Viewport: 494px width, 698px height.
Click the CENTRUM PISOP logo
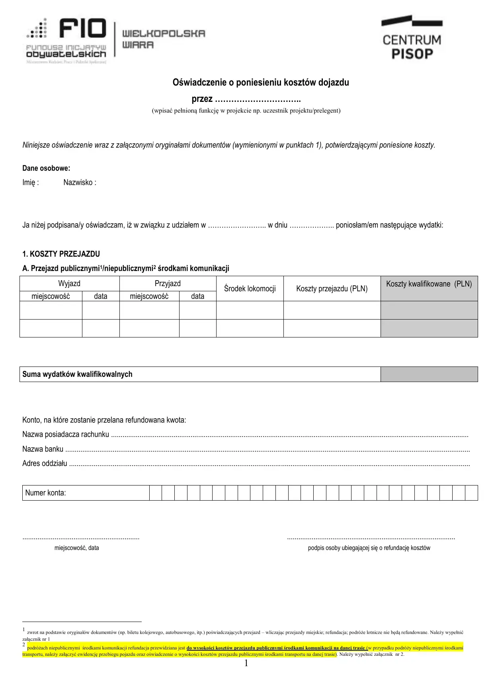pyautogui.click(x=412, y=38)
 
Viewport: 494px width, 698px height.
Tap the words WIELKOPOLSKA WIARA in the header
pyautogui.click(x=163, y=39)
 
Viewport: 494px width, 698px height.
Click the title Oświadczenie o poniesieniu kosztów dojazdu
pyautogui.click(x=261, y=82)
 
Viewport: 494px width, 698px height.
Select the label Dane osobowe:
pyautogui.click(x=46, y=168)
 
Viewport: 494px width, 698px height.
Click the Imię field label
pyautogui.click(x=31, y=183)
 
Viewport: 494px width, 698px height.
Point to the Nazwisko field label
pyautogui.click(x=80, y=183)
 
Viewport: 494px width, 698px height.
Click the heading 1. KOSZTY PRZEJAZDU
pyautogui.click(x=61, y=254)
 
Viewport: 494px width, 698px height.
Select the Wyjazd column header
pyautogui.click(x=69, y=283)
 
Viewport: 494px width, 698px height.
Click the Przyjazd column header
pyautogui.click(x=168, y=283)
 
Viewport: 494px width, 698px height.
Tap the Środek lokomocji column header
pyautogui.click(x=250, y=289)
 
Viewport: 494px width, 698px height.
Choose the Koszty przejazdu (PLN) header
pyautogui.click(x=332, y=289)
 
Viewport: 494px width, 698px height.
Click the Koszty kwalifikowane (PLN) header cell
pyautogui.click(x=429, y=284)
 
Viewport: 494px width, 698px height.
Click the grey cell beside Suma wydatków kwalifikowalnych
pyautogui.click(x=429, y=374)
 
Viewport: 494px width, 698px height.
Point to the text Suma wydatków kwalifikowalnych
pyautogui.click(x=77, y=374)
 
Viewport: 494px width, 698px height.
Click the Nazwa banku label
pyautogui.click(x=43, y=449)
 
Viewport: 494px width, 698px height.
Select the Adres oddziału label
pyautogui.click(x=45, y=464)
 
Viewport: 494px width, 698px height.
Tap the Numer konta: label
pyautogui.click(x=45, y=493)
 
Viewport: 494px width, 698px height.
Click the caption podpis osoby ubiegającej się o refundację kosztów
pyautogui.click(x=369, y=548)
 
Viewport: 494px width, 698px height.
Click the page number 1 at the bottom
pyautogui.click(x=246, y=663)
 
